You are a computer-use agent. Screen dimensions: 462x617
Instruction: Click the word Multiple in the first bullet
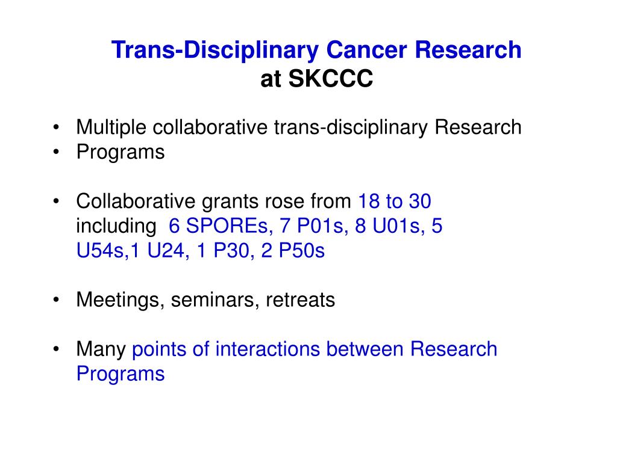112,128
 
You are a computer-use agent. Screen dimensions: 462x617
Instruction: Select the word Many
101,349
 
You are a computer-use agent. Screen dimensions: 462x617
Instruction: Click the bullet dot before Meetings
56,300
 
